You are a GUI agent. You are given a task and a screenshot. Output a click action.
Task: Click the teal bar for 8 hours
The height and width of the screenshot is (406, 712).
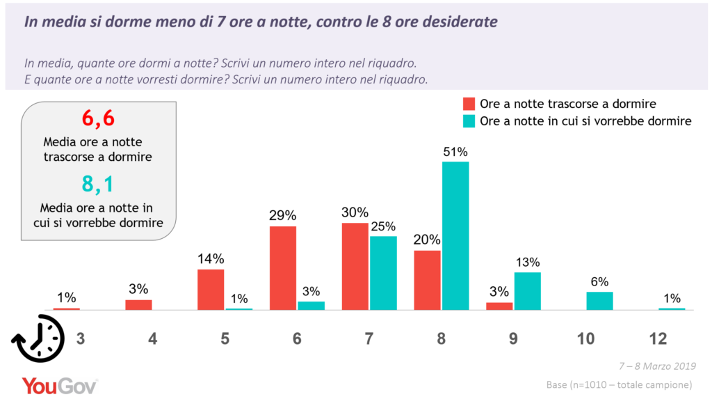(455, 235)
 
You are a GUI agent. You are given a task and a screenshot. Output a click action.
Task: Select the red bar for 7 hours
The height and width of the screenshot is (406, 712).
(355, 266)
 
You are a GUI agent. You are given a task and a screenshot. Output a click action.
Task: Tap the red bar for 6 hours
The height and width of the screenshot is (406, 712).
(283, 268)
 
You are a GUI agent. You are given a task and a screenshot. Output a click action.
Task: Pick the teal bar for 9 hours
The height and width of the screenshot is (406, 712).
(528, 290)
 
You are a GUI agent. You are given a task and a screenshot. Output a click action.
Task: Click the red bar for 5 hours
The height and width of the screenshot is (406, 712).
(211, 289)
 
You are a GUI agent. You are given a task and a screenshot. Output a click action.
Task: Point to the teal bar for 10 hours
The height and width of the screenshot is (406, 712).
(599, 301)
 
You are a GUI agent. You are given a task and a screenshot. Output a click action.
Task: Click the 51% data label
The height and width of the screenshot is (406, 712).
(455, 152)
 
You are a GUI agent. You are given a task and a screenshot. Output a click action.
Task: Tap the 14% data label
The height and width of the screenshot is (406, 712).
(211, 259)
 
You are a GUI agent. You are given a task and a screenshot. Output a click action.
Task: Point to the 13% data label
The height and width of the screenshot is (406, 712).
(528, 263)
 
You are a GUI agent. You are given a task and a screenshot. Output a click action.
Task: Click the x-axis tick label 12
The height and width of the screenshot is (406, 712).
(657, 339)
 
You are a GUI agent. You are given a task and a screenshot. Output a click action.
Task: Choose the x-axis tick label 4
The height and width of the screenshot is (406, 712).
(152, 339)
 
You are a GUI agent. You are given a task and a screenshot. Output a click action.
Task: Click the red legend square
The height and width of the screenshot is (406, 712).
(469, 104)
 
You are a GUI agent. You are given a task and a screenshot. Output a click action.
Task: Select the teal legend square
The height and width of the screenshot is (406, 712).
(469, 121)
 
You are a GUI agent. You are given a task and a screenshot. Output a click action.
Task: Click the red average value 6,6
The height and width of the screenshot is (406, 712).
(98, 119)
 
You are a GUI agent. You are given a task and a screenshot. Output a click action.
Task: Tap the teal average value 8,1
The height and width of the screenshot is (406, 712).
(98, 185)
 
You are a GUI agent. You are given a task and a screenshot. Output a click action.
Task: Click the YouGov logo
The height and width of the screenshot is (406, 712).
(59, 386)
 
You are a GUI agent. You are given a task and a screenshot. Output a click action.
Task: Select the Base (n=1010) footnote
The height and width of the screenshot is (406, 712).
(619, 384)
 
